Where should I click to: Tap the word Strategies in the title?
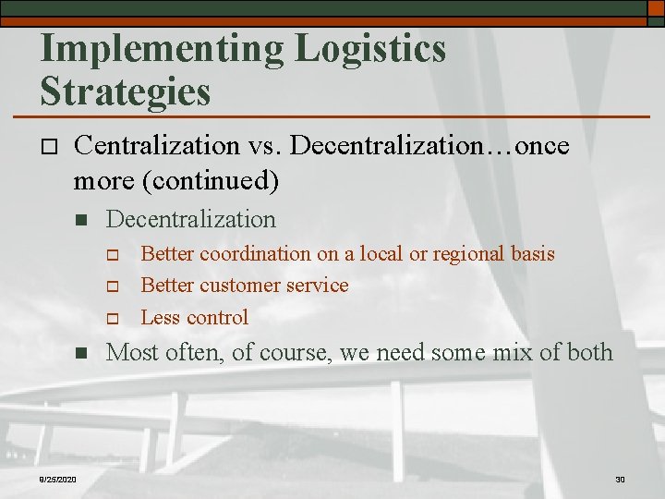126,91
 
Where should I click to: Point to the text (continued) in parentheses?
209,180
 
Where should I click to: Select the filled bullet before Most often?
80,353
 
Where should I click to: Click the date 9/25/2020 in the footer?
58,479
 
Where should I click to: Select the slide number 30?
620,479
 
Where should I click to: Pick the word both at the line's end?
586,352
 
